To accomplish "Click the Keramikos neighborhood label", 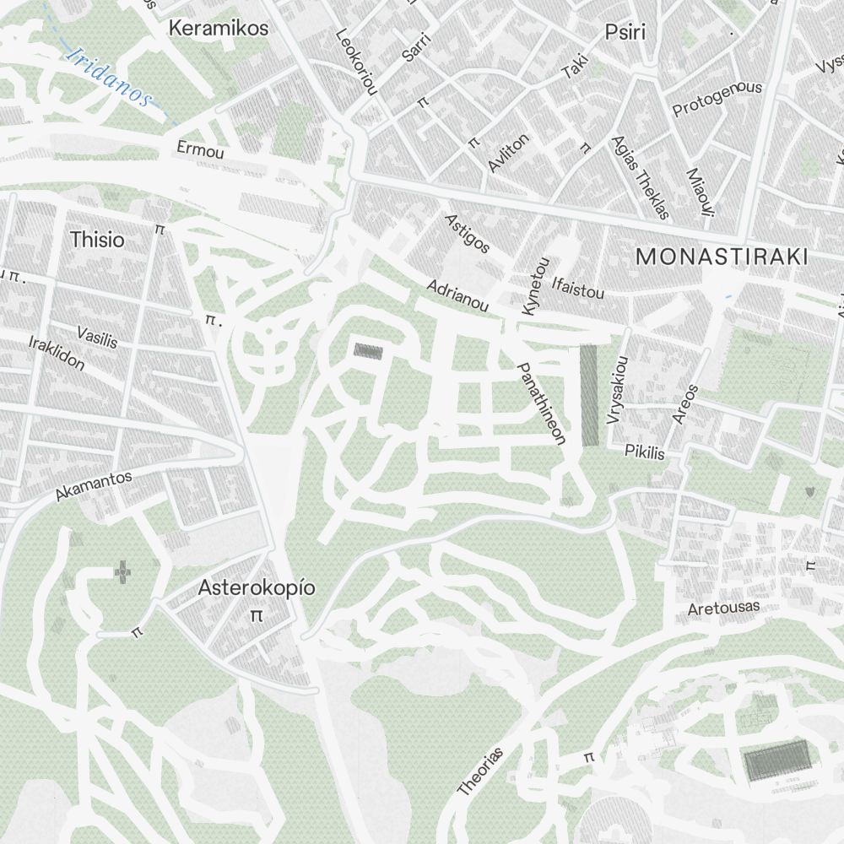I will (x=219, y=28).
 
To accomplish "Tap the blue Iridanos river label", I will (x=110, y=77).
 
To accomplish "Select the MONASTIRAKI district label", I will (x=722, y=257).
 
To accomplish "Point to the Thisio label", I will (x=98, y=240).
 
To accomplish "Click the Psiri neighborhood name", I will (x=625, y=32).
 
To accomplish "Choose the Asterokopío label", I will (x=257, y=588).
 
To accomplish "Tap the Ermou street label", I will (x=201, y=151).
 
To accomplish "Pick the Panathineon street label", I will (x=541, y=403).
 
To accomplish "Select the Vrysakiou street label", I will (x=618, y=389).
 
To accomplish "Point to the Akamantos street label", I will (x=94, y=486).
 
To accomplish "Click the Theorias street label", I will (x=480, y=771).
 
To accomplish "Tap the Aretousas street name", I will (x=723, y=608).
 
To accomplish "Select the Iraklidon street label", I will (x=57, y=353).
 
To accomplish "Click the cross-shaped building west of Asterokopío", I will (x=123, y=574).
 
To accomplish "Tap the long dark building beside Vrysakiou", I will (x=589, y=395).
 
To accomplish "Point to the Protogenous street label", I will (x=717, y=100).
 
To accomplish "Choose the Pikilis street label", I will (x=645, y=452).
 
